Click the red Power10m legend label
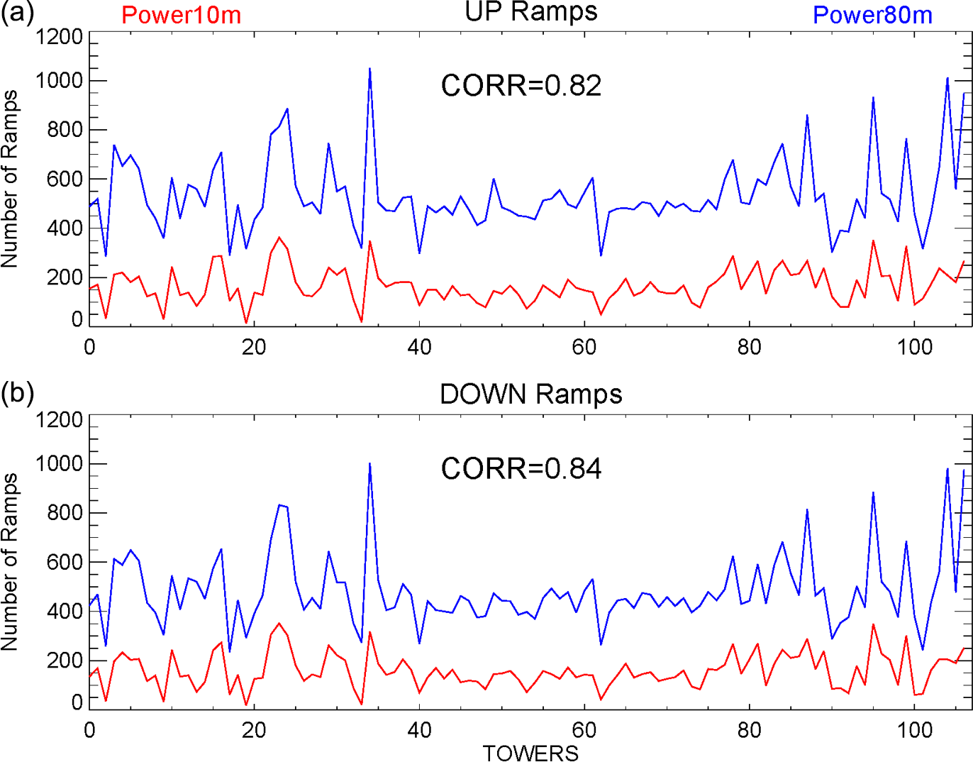181,15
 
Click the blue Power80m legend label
872,15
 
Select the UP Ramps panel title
530,11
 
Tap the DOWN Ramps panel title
530,394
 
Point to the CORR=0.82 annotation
521,86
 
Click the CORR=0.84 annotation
521,469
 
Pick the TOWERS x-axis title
530,753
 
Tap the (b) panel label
17,393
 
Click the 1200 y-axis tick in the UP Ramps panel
60,36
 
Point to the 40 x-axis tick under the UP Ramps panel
419,347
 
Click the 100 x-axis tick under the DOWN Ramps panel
914,730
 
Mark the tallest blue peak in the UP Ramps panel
369,69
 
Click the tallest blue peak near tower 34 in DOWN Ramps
369,463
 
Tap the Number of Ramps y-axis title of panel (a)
10,179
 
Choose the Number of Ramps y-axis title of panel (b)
10,562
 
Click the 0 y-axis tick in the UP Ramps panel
77,319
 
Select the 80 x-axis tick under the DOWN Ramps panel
749,730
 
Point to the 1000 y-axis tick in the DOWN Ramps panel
60,464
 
